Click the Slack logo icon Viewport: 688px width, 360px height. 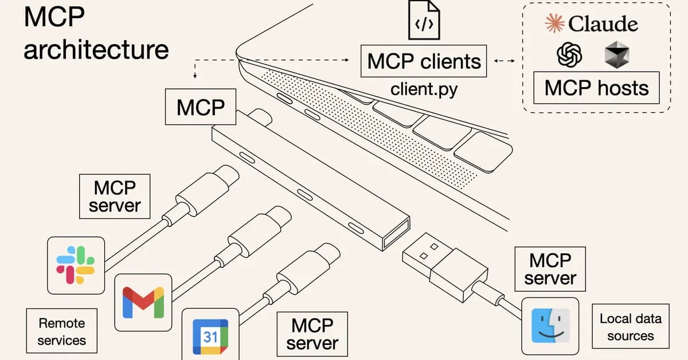[75, 264]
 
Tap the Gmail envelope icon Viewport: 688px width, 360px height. [143, 302]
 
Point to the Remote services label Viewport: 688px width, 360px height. [61, 331]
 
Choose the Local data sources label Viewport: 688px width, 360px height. [630, 327]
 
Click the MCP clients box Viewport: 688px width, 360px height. [424, 61]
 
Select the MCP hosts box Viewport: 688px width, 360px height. [596, 88]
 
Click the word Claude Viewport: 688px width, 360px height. [603, 24]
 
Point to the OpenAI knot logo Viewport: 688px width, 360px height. [570, 55]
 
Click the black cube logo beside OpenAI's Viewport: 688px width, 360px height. [617, 55]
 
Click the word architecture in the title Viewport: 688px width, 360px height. [96, 49]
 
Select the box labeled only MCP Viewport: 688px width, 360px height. [200, 107]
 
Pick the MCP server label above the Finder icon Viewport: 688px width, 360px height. [550, 269]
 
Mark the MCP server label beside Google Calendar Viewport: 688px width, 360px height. [312, 334]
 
